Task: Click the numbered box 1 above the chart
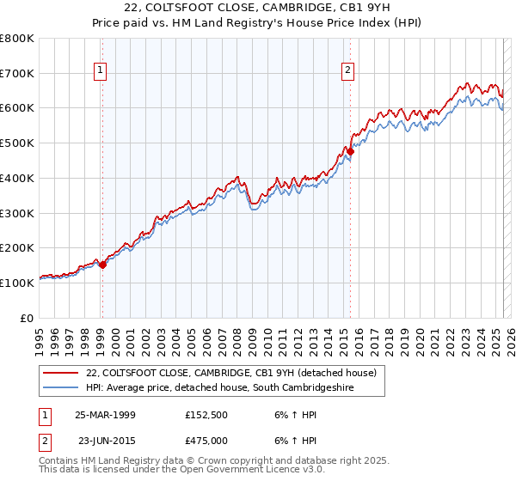point(101,71)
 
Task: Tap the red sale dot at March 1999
point(102,265)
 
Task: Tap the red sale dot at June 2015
point(350,152)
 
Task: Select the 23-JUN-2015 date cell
point(105,440)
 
